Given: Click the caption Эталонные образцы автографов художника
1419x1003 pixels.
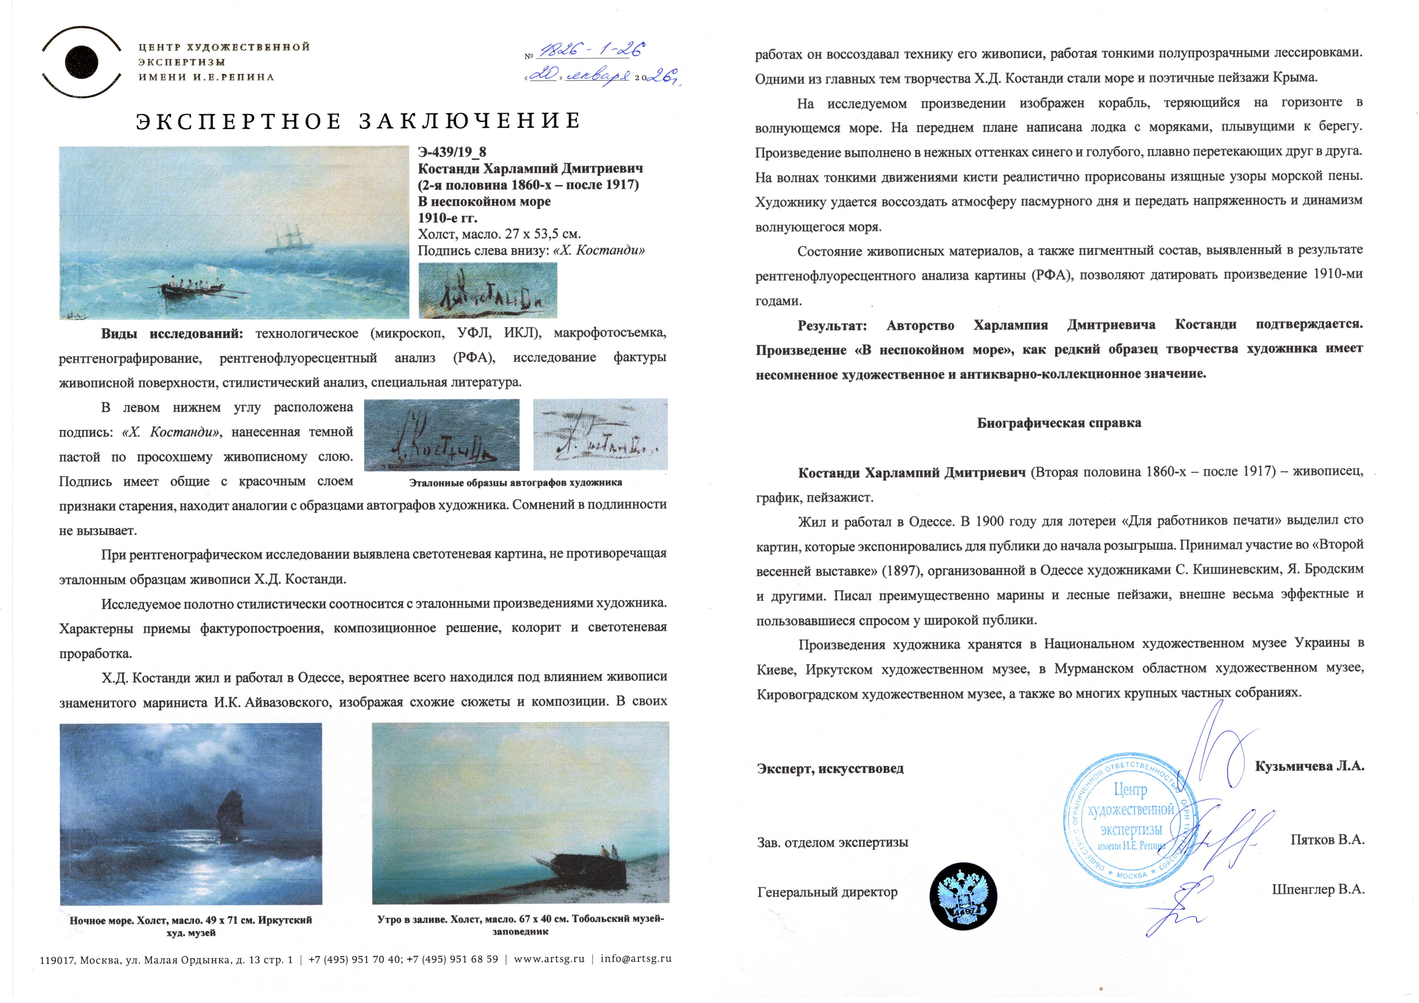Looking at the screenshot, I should (515, 482).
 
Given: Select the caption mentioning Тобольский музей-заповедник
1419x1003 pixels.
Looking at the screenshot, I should (520, 925).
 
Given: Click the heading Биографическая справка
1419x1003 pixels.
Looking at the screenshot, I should (1059, 423).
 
